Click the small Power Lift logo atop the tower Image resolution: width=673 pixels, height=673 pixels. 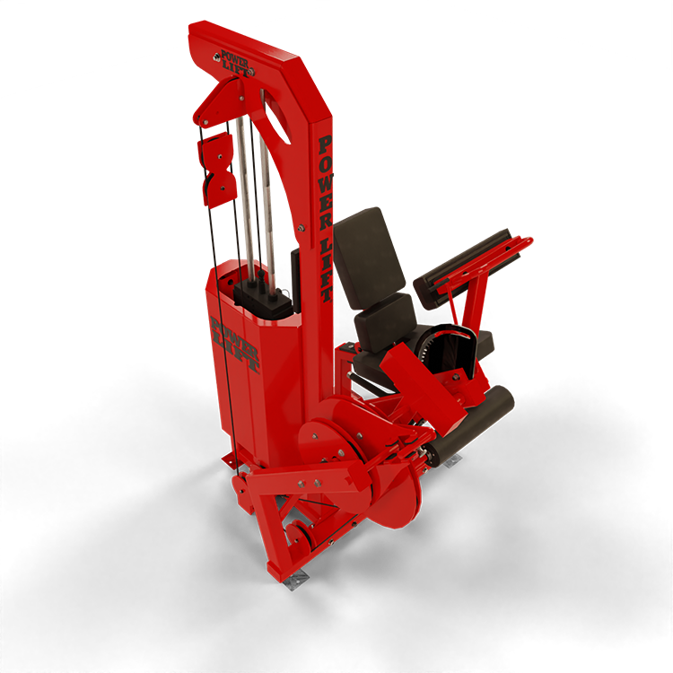tap(235, 64)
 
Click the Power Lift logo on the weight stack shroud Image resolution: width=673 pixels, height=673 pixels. tap(235, 345)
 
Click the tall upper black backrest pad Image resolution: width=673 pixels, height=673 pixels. tap(369, 258)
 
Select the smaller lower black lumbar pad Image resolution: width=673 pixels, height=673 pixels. tap(386, 322)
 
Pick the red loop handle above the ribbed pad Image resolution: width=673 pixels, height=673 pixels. tap(485, 263)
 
